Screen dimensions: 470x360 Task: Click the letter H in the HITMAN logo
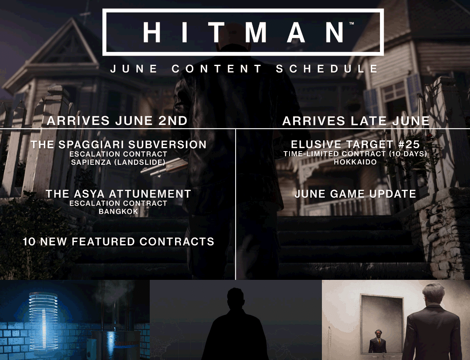click(152, 32)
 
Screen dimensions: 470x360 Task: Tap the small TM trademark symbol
click(352, 23)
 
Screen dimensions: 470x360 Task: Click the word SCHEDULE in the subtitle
click(327, 69)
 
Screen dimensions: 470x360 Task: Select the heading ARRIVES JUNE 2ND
click(117, 120)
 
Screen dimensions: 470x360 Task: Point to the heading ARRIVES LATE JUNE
click(356, 120)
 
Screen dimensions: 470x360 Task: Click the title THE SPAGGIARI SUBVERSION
click(119, 144)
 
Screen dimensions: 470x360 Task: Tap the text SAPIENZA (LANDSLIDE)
click(118, 162)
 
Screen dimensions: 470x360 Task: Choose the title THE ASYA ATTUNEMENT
click(118, 194)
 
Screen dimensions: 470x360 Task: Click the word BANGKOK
click(118, 211)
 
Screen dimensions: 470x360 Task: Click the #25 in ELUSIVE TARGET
click(409, 144)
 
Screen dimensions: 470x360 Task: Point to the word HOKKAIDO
click(355, 162)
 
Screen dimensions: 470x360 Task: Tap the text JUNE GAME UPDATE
click(355, 194)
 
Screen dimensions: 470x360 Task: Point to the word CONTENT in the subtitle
click(217, 69)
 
